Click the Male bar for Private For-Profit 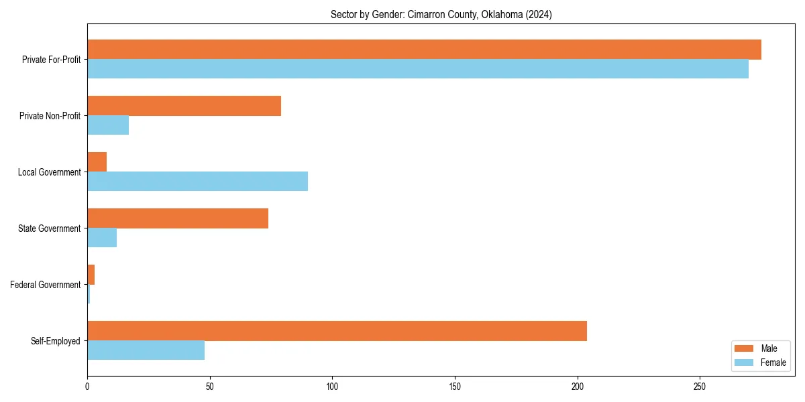(424, 50)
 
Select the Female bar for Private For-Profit (418, 69)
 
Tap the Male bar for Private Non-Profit (184, 106)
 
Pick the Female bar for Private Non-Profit (108, 125)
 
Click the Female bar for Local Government (197, 182)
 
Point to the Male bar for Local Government (97, 162)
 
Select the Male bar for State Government (178, 218)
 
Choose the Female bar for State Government (102, 238)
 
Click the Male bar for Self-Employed (337, 331)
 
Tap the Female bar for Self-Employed (146, 350)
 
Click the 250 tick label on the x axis (700, 387)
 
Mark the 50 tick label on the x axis (210, 387)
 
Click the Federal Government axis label (46, 285)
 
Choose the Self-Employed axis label (56, 341)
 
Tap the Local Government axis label (50, 172)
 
